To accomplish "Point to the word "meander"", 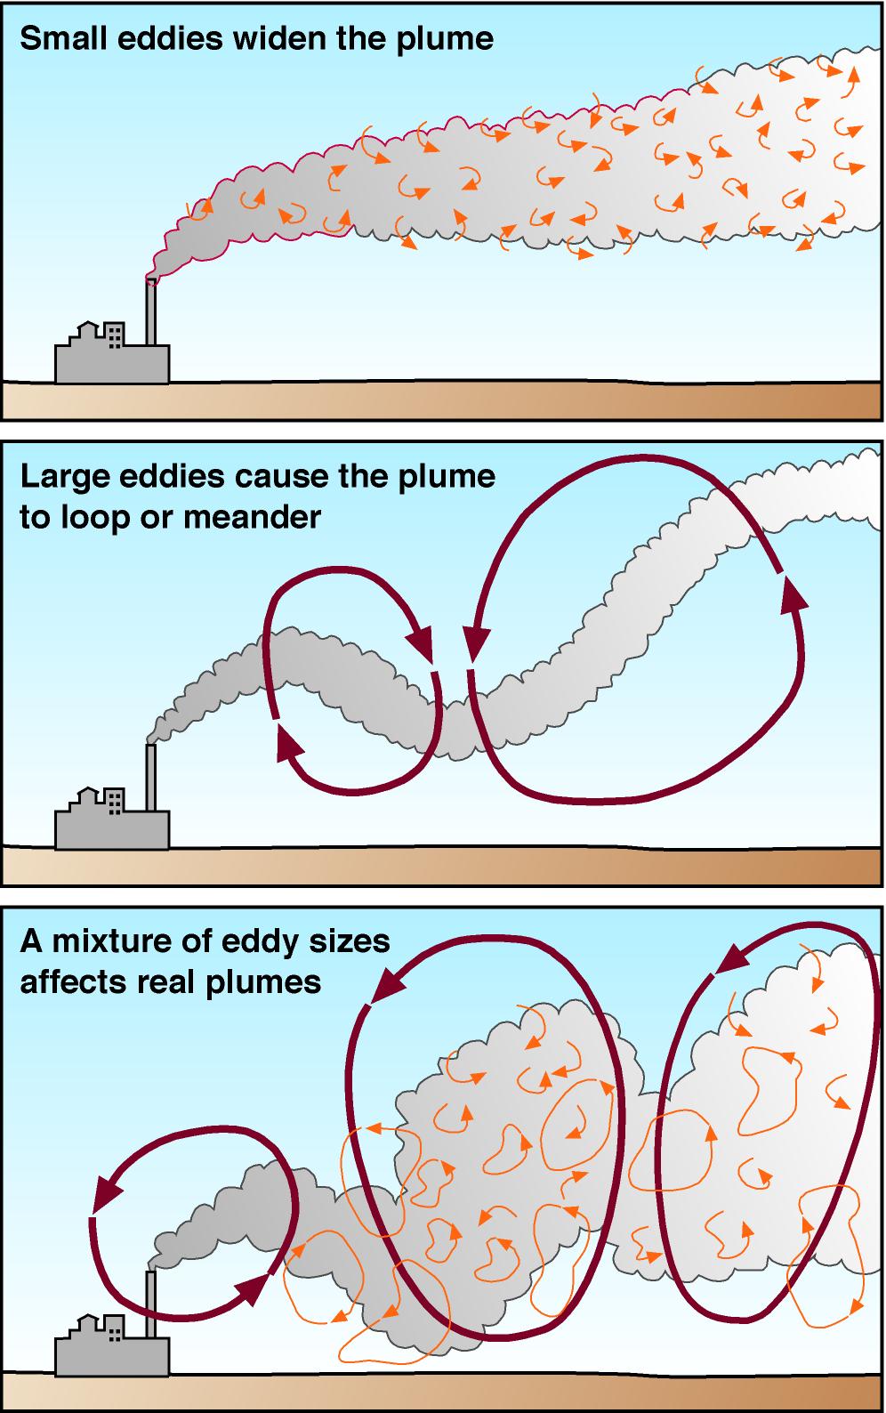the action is click(x=253, y=517).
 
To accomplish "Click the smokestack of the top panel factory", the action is click(x=150, y=311).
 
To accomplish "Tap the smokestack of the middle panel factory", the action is click(x=150, y=777).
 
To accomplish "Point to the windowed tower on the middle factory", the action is click(x=114, y=800).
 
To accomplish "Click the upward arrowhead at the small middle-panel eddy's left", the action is click(x=289, y=742).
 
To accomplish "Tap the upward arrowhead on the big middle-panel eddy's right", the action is click(x=793, y=593).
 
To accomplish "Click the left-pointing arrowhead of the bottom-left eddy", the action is click(x=108, y=1193).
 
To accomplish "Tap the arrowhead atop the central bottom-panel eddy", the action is click(x=387, y=985).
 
